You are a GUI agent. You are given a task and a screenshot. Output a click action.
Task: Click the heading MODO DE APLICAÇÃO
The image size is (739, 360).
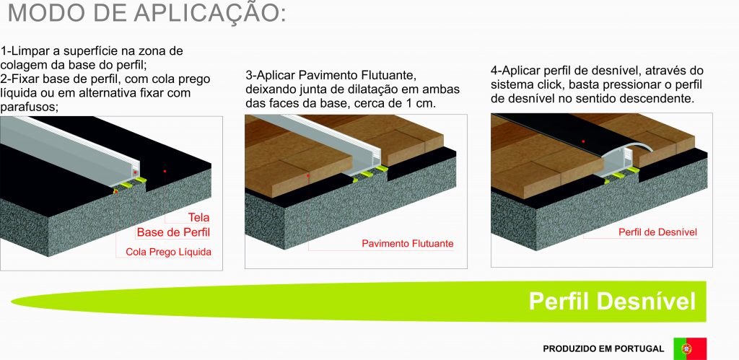[x=147, y=12]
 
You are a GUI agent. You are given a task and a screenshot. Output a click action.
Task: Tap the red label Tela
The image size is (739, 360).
[x=198, y=217]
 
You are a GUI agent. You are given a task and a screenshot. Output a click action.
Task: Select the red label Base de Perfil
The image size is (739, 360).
[x=173, y=232]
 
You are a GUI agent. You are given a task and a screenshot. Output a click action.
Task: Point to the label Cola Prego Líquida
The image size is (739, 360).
[x=168, y=252]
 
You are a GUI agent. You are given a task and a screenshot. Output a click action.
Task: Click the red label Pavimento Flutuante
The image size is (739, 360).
[x=408, y=244]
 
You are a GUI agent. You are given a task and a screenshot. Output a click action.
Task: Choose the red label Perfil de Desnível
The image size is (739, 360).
[x=657, y=232]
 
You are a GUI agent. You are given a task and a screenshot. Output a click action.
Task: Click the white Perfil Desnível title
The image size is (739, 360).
[x=612, y=301]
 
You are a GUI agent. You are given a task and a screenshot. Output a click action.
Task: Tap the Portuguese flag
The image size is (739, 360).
[x=690, y=348]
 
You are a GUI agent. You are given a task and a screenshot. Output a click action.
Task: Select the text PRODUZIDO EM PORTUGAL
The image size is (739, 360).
[x=603, y=349]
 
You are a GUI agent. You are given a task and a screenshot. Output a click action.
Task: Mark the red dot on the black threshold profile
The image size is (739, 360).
[x=583, y=141]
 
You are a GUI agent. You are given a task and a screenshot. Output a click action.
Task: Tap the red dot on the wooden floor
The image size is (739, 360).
[x=307, y=175]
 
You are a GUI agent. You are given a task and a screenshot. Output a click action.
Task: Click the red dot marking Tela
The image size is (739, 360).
[x=165, y=171]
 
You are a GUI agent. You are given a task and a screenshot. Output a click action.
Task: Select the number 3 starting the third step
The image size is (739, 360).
[x=249, y=75]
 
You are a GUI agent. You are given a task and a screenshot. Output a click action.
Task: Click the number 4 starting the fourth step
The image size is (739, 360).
[x=494, y=71]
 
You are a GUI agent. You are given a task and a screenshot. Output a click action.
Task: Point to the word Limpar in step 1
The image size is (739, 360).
[x=29, y=51]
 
